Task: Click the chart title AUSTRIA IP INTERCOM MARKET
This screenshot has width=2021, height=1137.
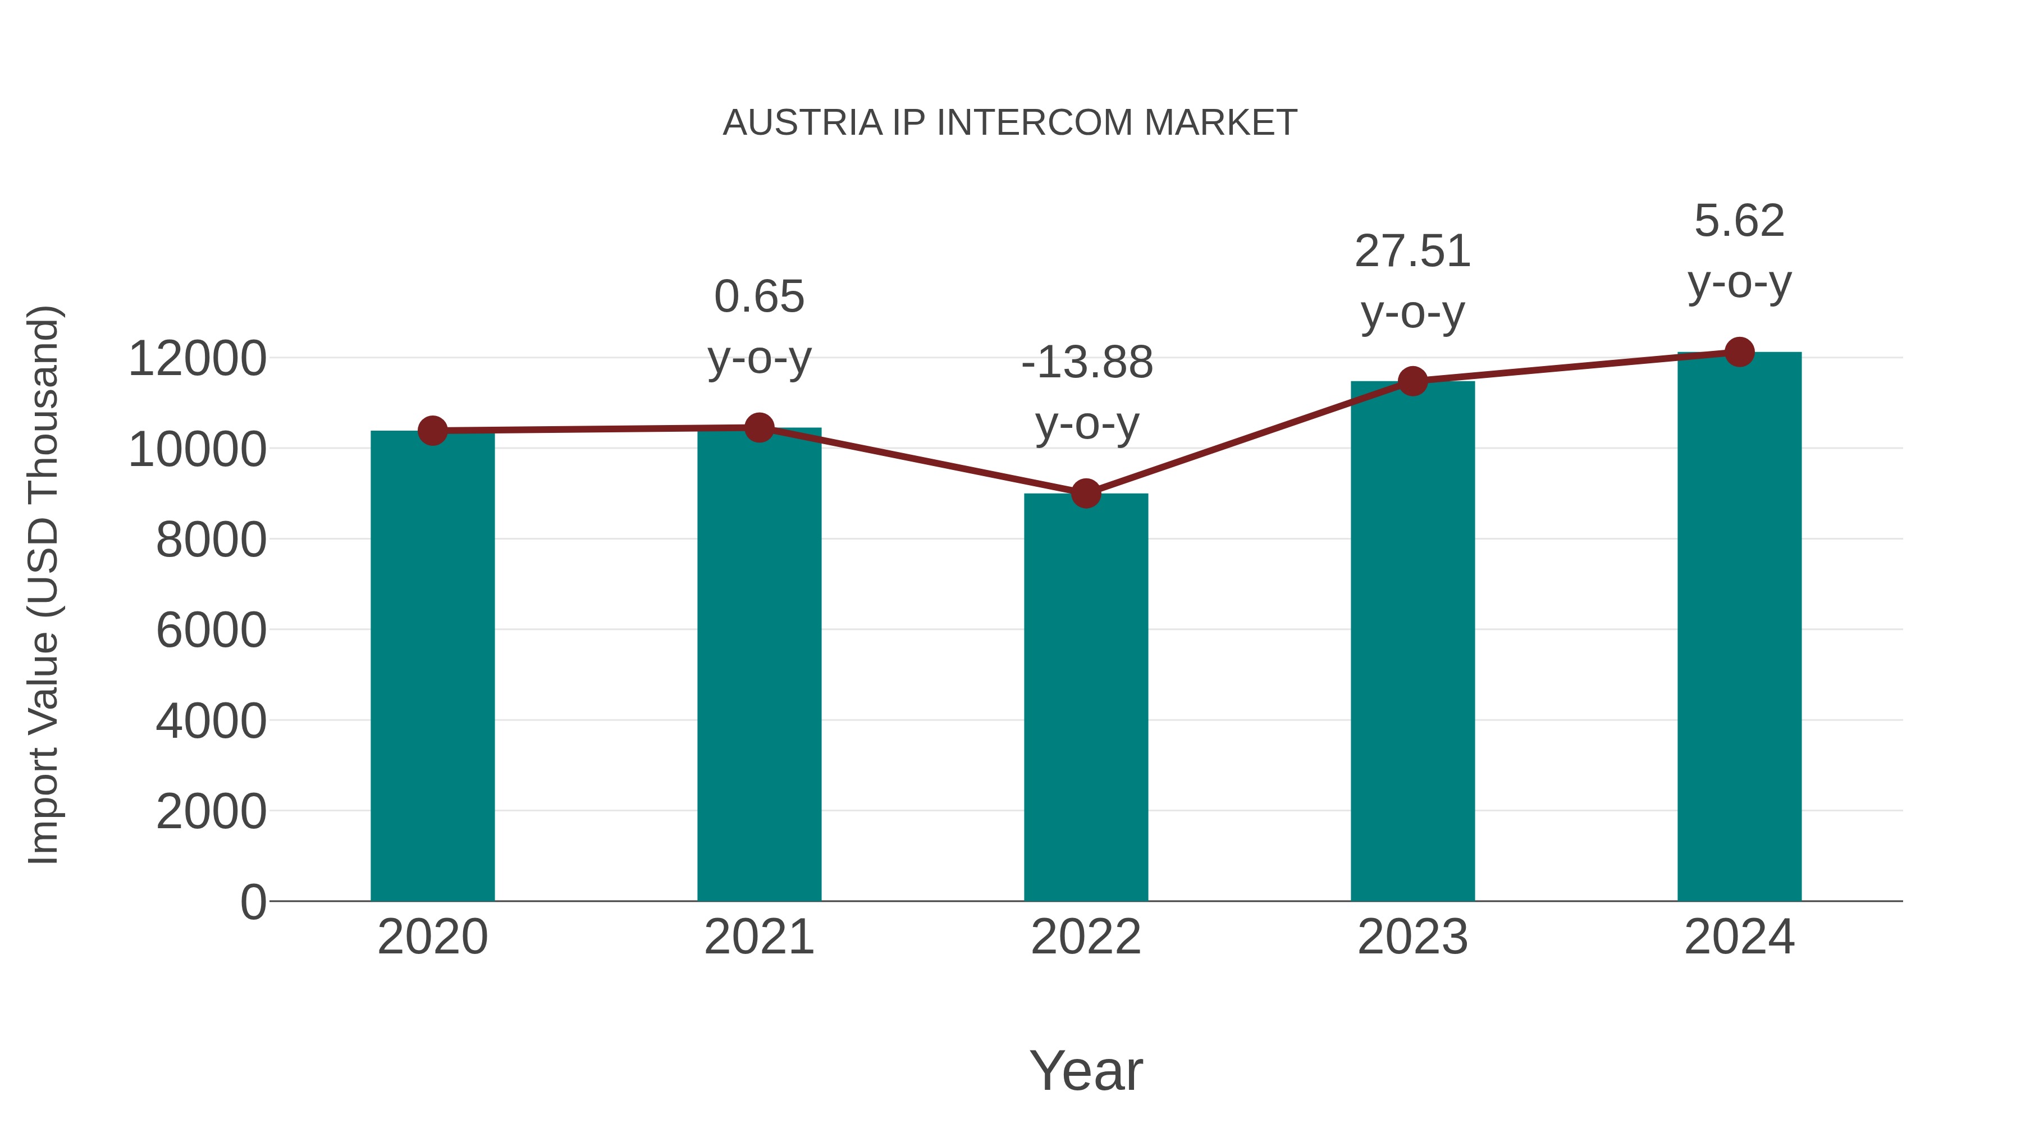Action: click(x=1010, y=123)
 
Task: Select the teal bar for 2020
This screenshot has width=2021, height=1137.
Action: click(x=432, y=667)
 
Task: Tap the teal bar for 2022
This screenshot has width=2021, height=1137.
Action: click(x=1086, y=698)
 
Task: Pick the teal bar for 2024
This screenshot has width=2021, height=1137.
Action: click(x=1739, y=628)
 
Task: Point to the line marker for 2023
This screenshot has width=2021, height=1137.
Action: click(x=1413, y=381)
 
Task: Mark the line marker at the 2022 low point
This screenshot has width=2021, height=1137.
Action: click(x=1086, y=494)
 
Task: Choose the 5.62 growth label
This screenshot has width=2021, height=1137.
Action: click(x=1739, y=221)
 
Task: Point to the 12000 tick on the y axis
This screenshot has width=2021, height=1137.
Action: click(x=197, y=359)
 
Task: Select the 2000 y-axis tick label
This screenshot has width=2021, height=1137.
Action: click(x=211, y=811)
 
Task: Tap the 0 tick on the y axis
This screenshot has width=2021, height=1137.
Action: click(x=253, y=902)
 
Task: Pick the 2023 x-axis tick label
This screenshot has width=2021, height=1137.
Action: click(x=1412, y=938)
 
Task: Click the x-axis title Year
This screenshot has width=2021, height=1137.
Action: click(x=1086, y=1070)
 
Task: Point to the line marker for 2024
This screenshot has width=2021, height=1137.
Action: click(x=1739, y=352)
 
